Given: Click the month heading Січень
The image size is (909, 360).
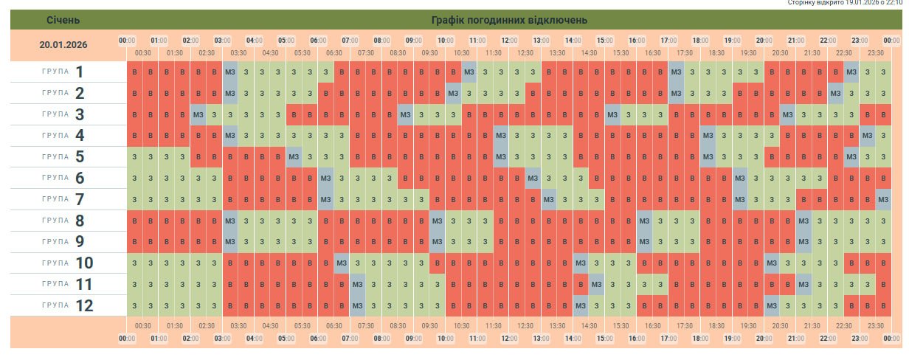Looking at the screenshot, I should pos(63,19).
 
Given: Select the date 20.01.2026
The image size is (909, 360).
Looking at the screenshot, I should pos(63,45).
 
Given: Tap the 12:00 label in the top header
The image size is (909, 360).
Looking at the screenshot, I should pos(509,40).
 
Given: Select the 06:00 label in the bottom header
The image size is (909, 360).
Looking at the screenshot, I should pos(318,339).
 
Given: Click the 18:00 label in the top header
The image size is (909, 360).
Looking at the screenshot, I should pos(700,40).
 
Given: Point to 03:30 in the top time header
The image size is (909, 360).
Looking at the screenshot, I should pos(238,52).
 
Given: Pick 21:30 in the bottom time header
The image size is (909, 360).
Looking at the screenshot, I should pos(812,325).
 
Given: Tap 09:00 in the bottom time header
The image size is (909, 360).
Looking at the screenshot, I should pos(413,339).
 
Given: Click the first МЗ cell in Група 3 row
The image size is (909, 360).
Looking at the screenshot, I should pos(198,114).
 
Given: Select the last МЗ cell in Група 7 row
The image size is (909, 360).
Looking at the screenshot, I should pos(883,199).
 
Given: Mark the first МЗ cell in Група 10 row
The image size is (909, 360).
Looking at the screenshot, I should pos(342,263).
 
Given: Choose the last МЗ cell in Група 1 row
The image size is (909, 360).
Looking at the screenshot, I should pos(851,72).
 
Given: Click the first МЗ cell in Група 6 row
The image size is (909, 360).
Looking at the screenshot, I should pos(325,178).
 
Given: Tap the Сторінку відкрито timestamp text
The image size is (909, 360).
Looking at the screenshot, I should pos(845,3).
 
